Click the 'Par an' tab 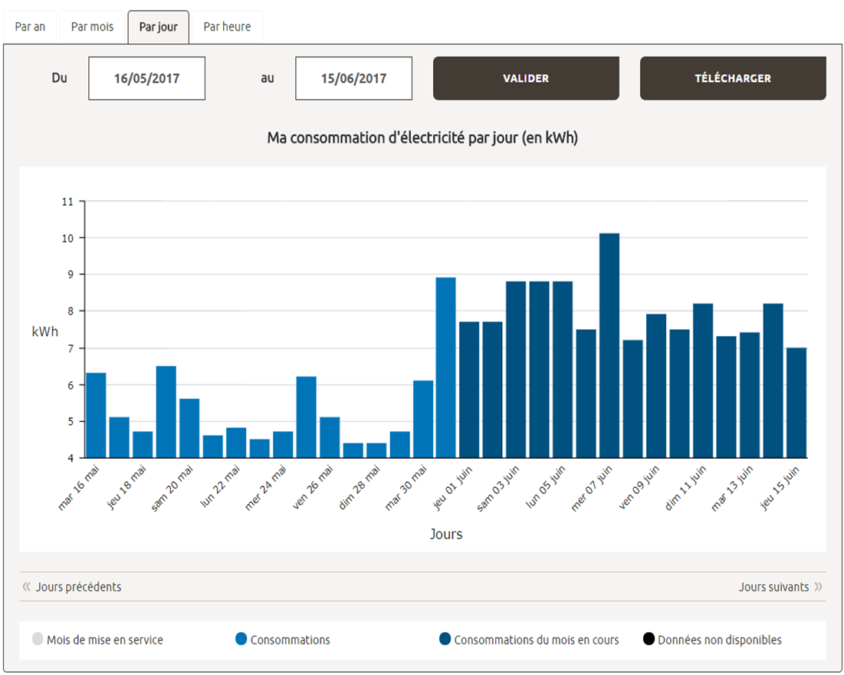pyautogui.click(x=30, y=27)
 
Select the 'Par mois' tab pyautogui.click(x=92, y=27)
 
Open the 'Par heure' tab pyautogui.click(x=227, y=27)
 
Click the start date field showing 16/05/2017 pyautogui.click(x=147, y=78)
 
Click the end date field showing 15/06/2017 pyautogui.click(x=353, y=78)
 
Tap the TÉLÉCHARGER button pyautogui.click(x=733, y=78)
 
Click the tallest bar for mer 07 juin pyautogui.click(x=609, y=345)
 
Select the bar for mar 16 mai pyautogui.click(x=96, y=415)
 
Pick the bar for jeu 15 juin pyautogui.click(x=796, y=403)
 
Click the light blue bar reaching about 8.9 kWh pyautogui.click(x=446, y=367)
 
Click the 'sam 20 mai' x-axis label pyautogui.click(x=172, y=488)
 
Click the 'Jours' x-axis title pyautogui.click(x=446, y=534)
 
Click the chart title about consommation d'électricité pyautogui.click(x=422, y=138)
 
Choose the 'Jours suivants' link pyautogui.click(x=773, y=587)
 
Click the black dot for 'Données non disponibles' pyautogui.click(x=649, y=640)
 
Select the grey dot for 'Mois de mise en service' pyautogui.click(x=38, y=640)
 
